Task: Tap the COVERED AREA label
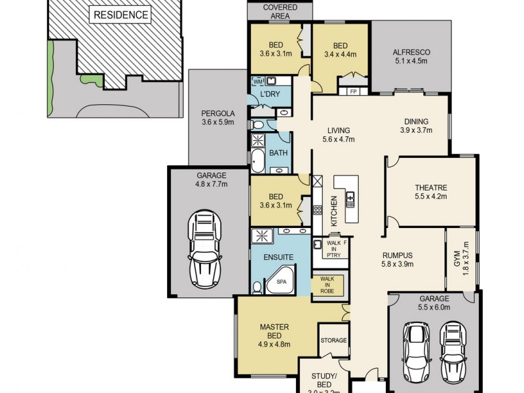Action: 280,11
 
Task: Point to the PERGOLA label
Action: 217,117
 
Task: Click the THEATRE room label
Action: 430,190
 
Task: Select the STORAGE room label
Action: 333,341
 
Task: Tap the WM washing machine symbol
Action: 257,81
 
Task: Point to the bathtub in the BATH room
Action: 257,159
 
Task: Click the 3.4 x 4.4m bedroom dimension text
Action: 340,54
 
